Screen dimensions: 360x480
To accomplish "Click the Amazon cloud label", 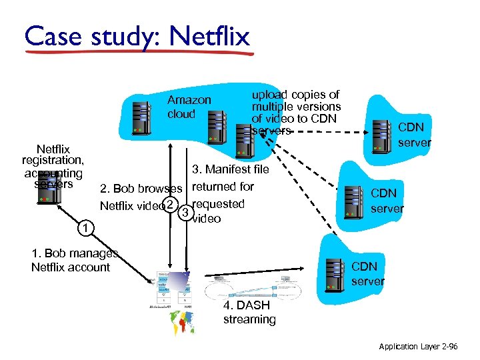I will click(x=189, y=107).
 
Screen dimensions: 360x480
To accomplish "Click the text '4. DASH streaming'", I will click(x=249, y=312).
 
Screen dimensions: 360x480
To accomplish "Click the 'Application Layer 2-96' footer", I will click(x=418, y=347).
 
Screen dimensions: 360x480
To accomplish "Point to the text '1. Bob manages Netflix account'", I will click(x=72, y=260).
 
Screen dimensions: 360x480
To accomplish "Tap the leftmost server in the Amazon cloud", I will click(x=140, y=117).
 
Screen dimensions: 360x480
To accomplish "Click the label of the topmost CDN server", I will click(x=414, y=134).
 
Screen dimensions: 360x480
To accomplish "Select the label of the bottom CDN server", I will click(x=368, y=273).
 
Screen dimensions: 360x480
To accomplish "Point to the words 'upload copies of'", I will click(x=295, y=95).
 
